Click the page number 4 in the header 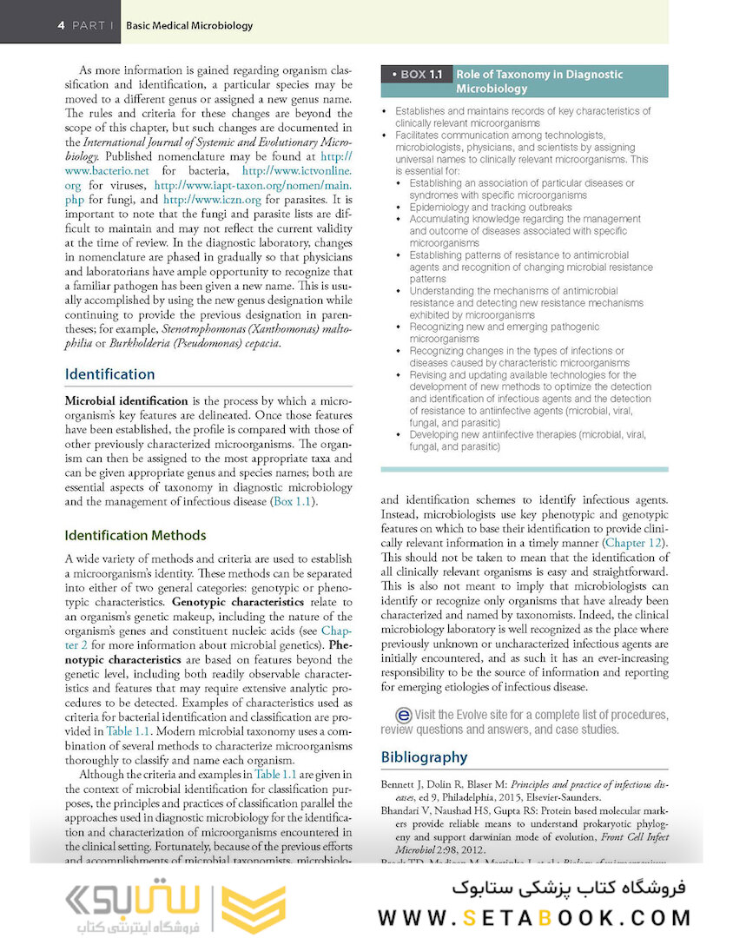(x=61, y=25)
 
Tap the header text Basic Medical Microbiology (x=189, y=25)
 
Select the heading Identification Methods (x=135, y=535)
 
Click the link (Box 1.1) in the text (x=294, y=502)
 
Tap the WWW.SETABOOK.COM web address (x=535, y=917)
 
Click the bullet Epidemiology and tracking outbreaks (x=492, y=208)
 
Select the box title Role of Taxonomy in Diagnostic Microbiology (x=539, y=82)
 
